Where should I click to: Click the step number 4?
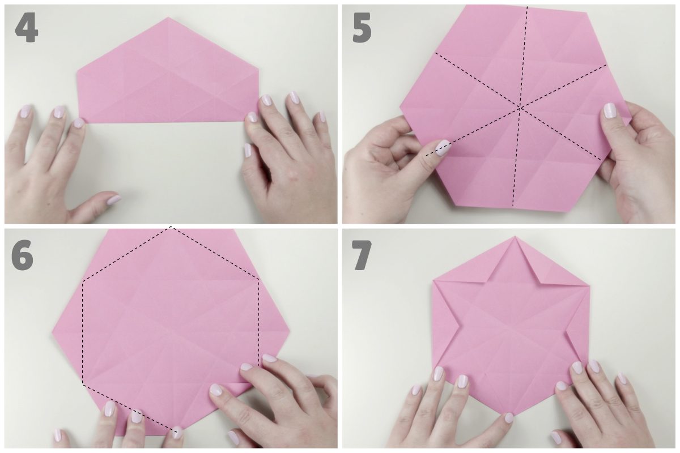coord(27,28)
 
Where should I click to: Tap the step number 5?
coord(362,28)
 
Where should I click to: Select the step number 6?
coord(22,255)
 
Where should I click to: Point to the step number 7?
coord(362,255)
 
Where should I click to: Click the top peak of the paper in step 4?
coord(168,18)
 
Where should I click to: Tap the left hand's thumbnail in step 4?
coord(114,200)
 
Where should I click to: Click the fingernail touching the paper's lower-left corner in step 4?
coord(79,123)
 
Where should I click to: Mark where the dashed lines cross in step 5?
coord(520,108)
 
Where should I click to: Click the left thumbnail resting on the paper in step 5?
coord(443,147)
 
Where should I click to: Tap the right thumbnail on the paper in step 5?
coord(610,111)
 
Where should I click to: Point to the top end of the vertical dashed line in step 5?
coord(528,7)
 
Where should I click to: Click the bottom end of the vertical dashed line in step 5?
coord(513,205)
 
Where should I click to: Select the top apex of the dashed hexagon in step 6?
coord(171,226)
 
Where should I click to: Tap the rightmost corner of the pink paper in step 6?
coord(290,331)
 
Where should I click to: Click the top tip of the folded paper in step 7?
coord(515,237)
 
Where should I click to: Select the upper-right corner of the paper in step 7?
coord(589,285)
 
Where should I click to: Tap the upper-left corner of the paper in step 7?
coord(433,280)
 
